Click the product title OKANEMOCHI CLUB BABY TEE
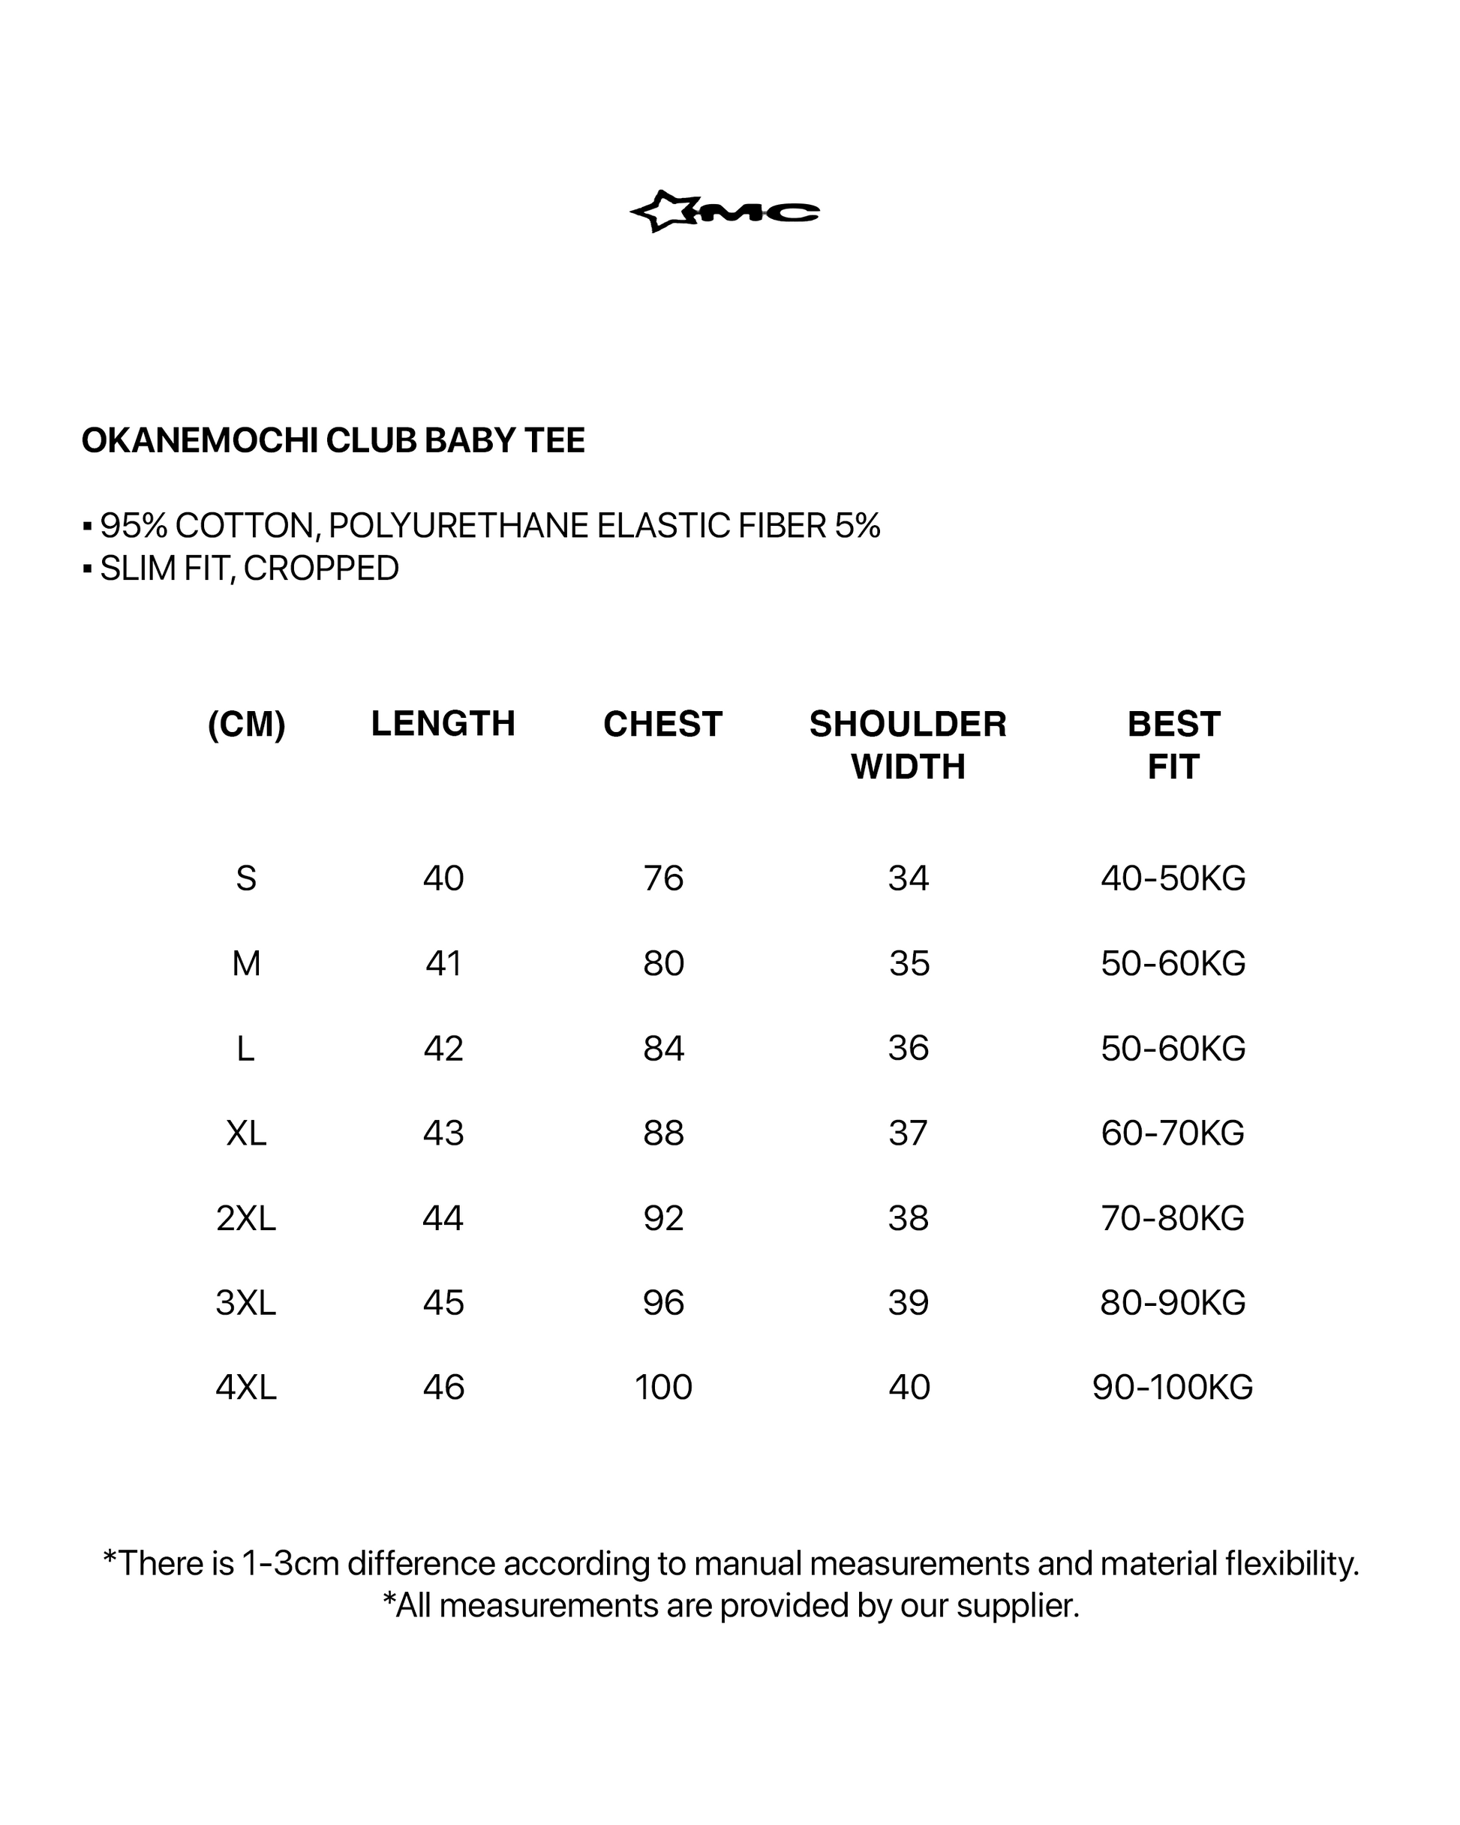click(333, 441)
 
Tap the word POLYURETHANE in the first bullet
click(460, 526)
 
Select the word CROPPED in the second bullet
click(321, 569)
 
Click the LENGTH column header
click(443, 724)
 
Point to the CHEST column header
click(662, 725)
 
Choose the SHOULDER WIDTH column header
click(908, 745)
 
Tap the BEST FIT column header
click(1173, 745)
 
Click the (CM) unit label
click(246, 725)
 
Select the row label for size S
click(245, 878)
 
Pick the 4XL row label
click(245, 1388)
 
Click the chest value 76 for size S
click(663, 878)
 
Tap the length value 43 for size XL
click(443, 1133)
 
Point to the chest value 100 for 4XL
click(663, 1388)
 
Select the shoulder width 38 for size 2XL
click(908, 1218)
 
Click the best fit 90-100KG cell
click(1172, 1388)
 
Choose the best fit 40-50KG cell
click(1173, 878)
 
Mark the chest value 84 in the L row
click(663, 1049)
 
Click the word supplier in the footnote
click(1017, 1606)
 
